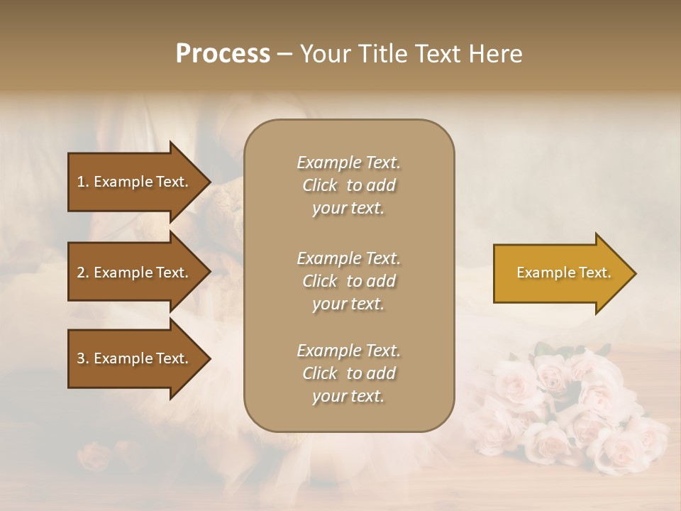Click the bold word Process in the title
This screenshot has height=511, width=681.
(223, 54)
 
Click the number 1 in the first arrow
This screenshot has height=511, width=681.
(81, 182)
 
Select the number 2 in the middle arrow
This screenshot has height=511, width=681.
(81, 273)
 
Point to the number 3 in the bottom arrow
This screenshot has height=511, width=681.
(81, 358)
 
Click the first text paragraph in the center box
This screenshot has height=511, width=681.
(348, 185)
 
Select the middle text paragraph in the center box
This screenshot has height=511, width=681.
(348, 281)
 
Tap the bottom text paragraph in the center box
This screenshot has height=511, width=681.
(348, 373)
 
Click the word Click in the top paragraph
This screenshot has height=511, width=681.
(319, 185)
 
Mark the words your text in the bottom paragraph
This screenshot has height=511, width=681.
(348, 396)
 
